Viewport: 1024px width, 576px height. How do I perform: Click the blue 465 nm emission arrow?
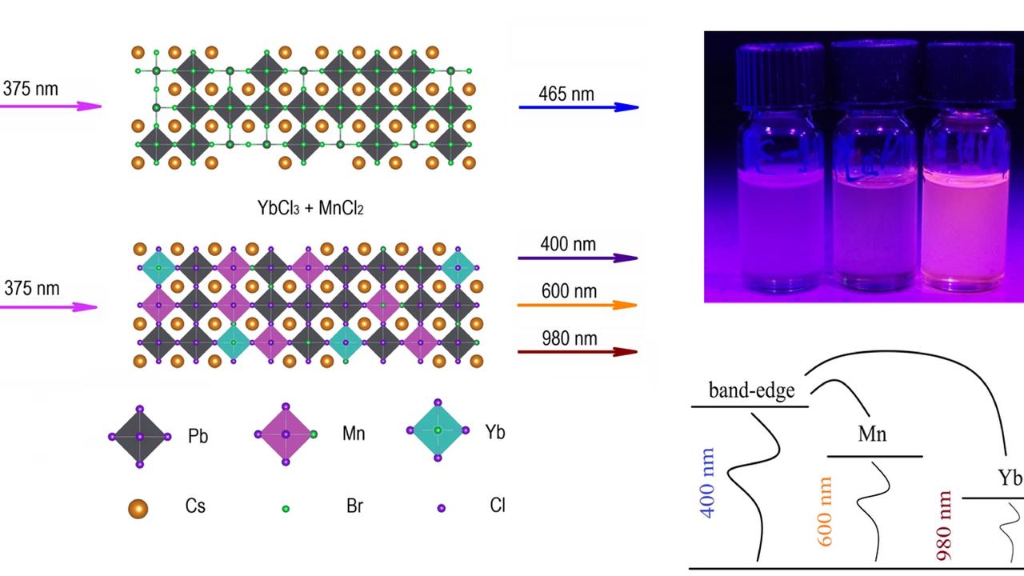point(578,106)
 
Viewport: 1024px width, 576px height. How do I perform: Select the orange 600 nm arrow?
point(577,305)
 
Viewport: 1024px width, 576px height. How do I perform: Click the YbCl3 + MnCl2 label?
point(311,208)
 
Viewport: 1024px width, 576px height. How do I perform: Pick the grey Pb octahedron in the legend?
point(140,437)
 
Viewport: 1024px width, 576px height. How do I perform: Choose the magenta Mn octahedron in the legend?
point(286,434)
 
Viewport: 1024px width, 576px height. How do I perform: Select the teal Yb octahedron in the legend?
point(438,430)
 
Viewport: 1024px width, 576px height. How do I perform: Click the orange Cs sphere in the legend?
point(138,508)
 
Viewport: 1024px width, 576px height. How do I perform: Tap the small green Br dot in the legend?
point(286,508)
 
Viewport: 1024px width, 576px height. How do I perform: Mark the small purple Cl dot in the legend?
point(441,508)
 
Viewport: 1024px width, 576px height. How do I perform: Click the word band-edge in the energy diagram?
point(751,390)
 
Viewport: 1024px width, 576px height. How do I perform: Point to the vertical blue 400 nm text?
point(707,482)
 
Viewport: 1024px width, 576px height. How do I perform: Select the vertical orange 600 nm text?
point(826,512)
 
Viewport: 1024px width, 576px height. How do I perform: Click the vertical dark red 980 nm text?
point(943,525)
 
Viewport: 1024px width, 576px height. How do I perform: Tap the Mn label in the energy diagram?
point(872,434)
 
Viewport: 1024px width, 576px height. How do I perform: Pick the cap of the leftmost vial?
point(780,74)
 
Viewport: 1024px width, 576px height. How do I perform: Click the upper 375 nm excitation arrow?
point(50,106)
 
